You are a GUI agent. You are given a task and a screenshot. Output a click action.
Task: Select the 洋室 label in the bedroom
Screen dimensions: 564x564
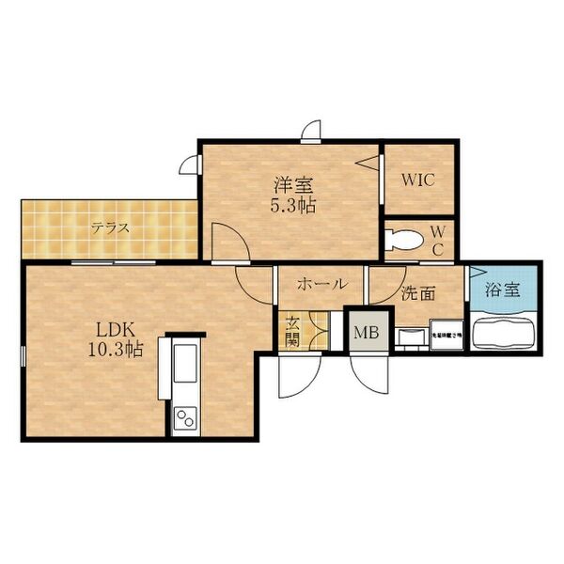coord(289,186)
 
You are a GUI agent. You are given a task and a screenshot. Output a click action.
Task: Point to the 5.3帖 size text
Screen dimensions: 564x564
coord(289,206)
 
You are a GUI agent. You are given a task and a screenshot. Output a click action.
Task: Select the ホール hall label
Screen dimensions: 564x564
coord(321,284)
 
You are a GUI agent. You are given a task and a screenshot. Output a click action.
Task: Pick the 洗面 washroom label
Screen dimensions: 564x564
coord(417,292)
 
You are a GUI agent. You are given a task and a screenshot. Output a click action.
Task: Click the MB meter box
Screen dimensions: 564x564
coord(365,331)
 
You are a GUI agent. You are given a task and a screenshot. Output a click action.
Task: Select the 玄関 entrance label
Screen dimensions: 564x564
coord(292,330)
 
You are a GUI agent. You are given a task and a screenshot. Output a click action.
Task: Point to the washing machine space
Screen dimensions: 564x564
coord(446,334)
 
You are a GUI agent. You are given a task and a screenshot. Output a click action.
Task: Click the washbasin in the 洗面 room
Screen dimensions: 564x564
coord(409,336)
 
